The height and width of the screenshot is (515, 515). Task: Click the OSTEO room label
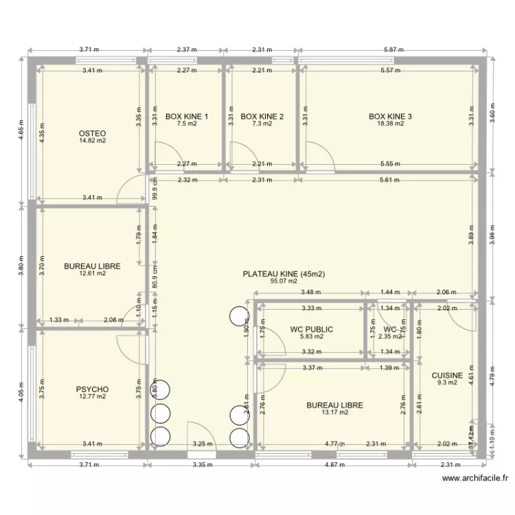(x=92, y=133)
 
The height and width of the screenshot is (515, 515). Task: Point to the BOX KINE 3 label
(x=390, y=117)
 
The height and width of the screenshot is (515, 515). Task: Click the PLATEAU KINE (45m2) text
(x=284, y=273)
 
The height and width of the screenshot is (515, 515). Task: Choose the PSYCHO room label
(x=92, y=389)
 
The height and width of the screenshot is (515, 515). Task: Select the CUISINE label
(x=446, y=376)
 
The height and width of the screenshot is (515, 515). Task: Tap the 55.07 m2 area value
(x=284, y=281)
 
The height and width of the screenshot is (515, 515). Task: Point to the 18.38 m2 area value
(x=390, y=124)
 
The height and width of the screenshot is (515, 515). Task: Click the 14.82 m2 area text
(x=92, y=141)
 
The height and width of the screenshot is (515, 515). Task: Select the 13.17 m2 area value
(x=334, y=413)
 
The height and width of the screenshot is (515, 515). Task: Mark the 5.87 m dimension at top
(x=392, y=50)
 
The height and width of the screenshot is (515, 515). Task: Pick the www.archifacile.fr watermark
(x=475, y=479)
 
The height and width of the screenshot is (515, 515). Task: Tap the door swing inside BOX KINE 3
(x=320, y=154)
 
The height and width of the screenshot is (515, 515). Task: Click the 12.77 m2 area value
(x=92, y=397)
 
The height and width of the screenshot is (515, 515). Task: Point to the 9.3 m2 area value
(x=446, y=383)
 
